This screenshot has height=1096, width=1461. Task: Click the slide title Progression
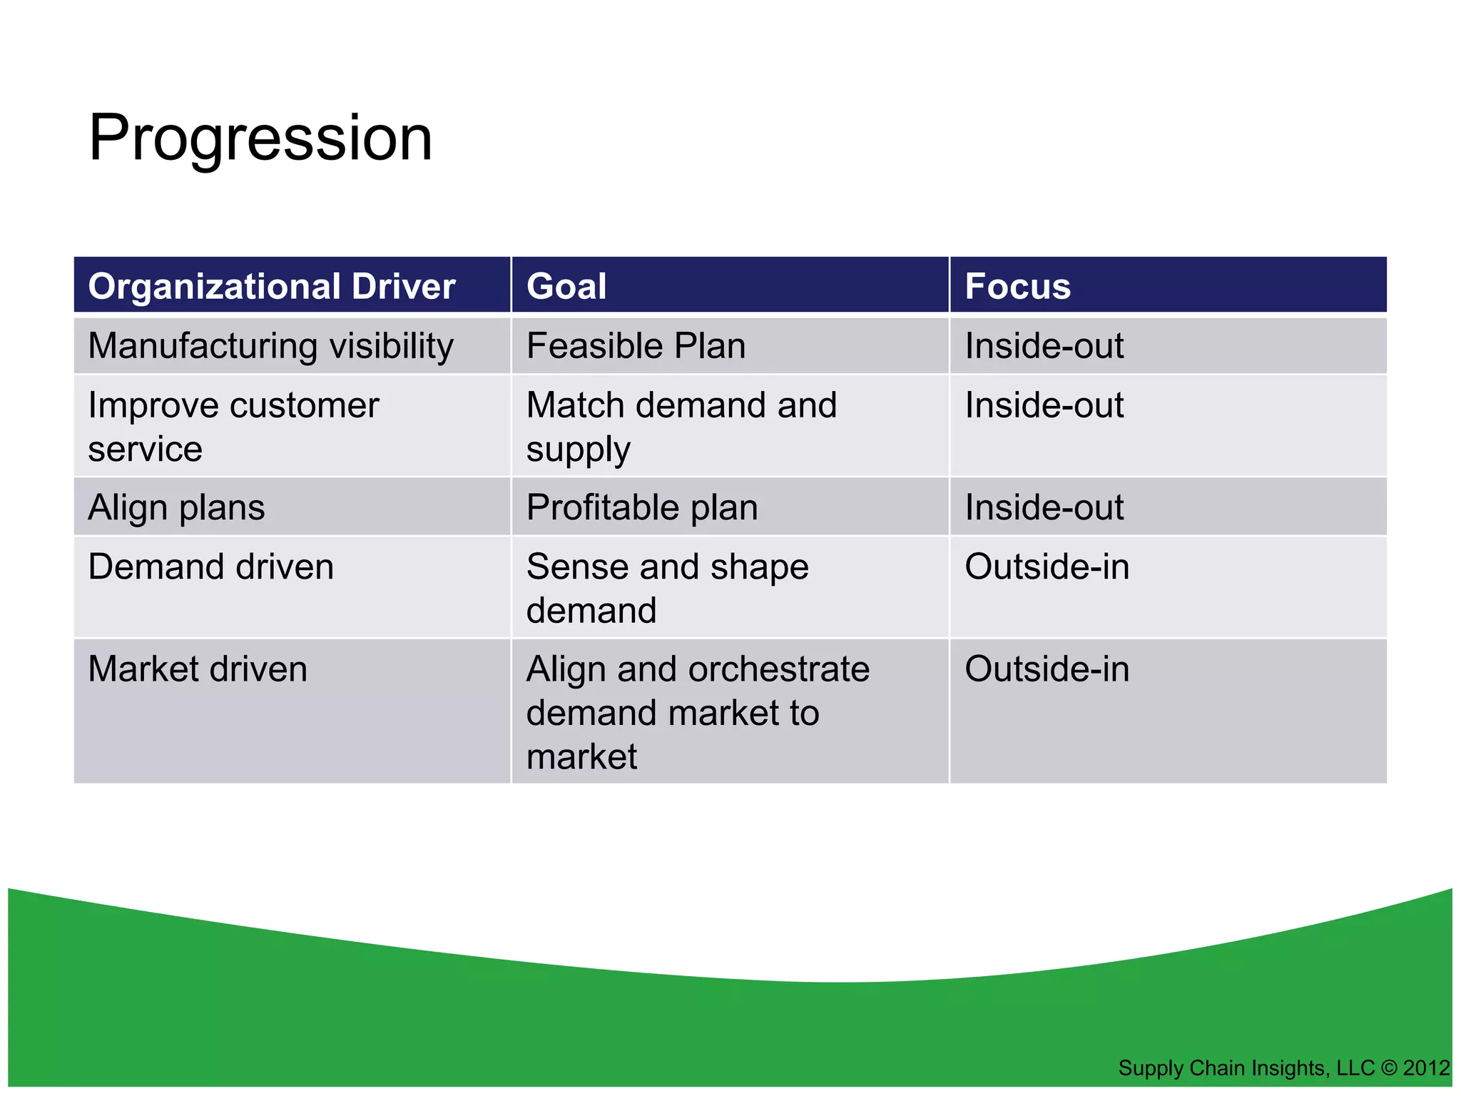[260, 138]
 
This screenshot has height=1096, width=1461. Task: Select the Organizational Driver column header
[271, 286]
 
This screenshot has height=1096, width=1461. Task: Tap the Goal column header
[566, 286]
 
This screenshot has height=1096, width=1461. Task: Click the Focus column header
[1017, 286]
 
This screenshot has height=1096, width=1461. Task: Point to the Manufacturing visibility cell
[270, 346]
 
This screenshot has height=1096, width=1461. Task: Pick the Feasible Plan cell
[636, 346]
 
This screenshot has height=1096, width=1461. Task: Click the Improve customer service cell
[233, 427]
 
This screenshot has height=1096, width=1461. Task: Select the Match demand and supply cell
[681, 427]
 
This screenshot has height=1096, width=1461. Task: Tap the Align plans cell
[176, 508]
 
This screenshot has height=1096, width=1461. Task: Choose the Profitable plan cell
[642, 508]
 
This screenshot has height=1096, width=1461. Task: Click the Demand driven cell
[210, 567]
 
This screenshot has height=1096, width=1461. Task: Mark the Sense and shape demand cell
[667, 588]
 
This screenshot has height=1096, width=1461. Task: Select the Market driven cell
[198, 669]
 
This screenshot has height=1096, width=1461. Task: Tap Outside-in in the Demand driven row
[1047, 567]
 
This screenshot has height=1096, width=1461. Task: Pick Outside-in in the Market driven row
[1047, 669]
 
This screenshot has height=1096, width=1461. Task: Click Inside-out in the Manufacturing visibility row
[1044, 346]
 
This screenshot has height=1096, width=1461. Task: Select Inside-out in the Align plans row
[1044, 508]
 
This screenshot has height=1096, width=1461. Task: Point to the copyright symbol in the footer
[1388, 1068]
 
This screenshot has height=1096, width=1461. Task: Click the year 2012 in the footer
[1426, 1068]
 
